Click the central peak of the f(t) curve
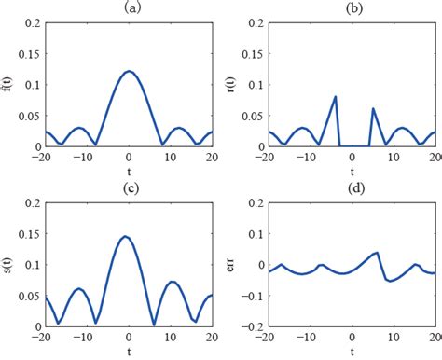pyautogui.click(x=129, y=71)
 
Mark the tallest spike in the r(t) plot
pyautogui.click(x=336, y=96)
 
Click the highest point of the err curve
pyautogui.click(x=377, y=252)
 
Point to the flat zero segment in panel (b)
pyautogui.click(x=354, y=145)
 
